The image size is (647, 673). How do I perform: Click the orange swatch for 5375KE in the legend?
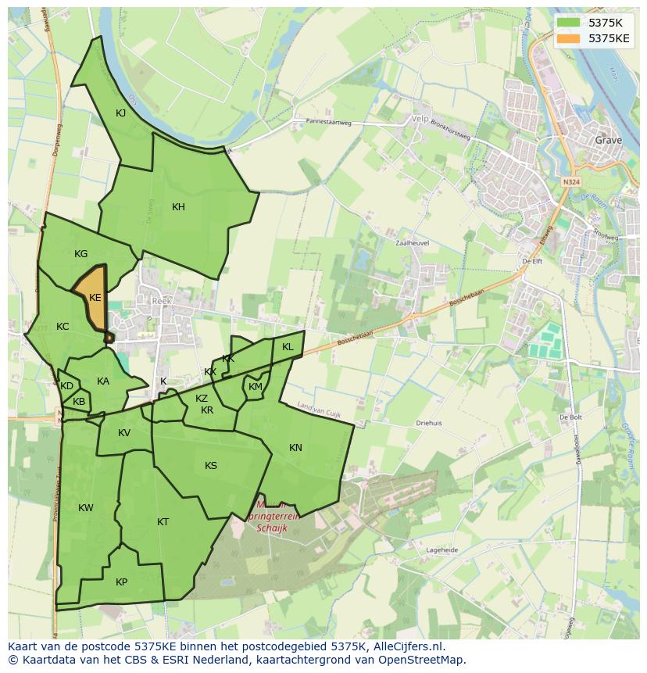[x=569, y=38]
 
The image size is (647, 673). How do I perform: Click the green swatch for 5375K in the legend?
[x=569, y=22]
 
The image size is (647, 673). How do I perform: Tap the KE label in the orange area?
[x=95, y=298]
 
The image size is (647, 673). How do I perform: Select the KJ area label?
[x=121, y=113]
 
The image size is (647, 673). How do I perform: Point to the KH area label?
[x=178, y=207]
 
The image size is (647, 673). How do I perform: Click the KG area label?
[x=80, y=254]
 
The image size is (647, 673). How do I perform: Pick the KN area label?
[x=295, y=448]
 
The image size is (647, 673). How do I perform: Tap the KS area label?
[x=211, y=466]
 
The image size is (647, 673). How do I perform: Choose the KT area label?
[x=163, y=522]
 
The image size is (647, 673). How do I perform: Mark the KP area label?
[x=121, y=582]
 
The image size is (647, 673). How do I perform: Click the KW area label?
[x=86, y=508]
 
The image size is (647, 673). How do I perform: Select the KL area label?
[x=288, y=347]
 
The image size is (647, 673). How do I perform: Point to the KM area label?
[x=256, y=387]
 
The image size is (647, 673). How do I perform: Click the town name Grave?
[x=608, y=141]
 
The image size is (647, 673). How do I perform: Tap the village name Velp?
[x=420, y=120]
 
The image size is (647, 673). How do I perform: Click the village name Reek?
[x=161, y=301]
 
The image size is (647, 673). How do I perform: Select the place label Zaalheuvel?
[x=413, y=243]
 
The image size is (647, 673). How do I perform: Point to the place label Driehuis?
[x=429, y=423]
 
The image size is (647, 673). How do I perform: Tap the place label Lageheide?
[x=441, y=550]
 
